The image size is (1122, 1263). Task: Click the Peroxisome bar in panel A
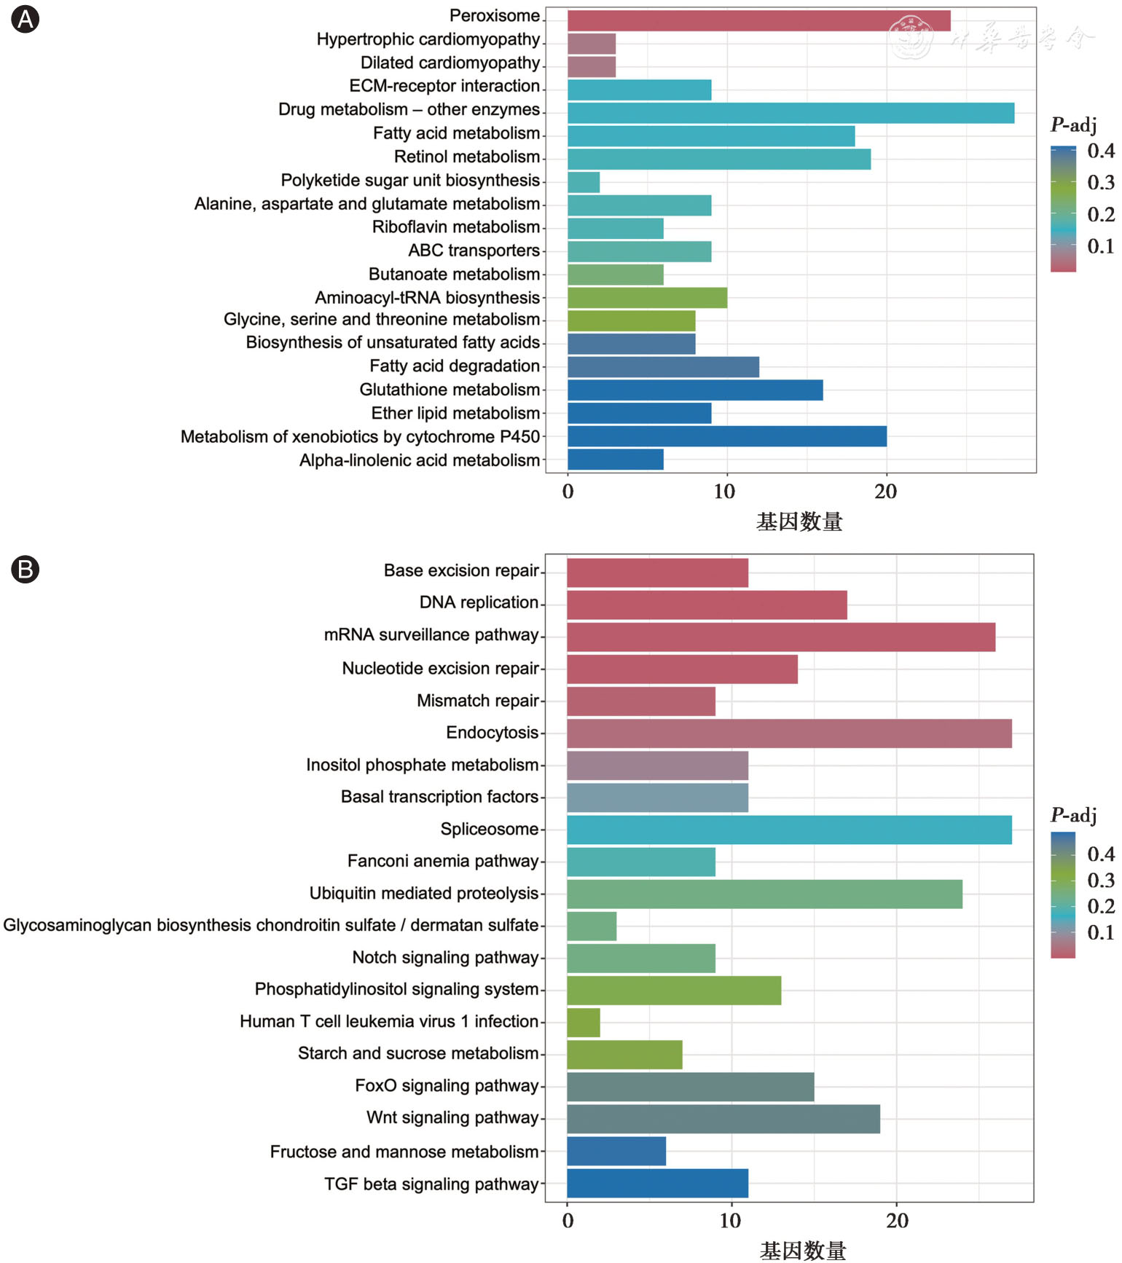pos(758,20)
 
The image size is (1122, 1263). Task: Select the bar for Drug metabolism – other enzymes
pos(790,113)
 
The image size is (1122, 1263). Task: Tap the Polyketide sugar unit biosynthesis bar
pos(584,182)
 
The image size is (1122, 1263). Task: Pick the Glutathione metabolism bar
pos(695,390)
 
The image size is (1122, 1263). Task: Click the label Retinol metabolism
pos(467,157)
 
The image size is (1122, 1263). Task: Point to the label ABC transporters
pos(474,251)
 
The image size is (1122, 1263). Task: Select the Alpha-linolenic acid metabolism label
pos(420,460)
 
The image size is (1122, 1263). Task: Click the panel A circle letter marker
pos(25,20)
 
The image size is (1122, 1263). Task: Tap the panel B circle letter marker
pos(25,570)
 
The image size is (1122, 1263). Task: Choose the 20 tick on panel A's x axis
pos(886,492)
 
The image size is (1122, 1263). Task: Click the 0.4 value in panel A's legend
pos(1101,151)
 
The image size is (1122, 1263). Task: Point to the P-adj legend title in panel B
pos(1073,815)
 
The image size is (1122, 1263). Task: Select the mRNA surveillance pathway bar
pos(781,637)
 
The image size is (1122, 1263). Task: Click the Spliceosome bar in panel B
pos(789,830)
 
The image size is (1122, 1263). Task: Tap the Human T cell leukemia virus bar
pos(584,1023)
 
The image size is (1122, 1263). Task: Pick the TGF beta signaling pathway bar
pos(657,1184)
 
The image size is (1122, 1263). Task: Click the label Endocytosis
pos(493,733)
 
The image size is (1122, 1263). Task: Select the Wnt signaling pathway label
pos(452,1117)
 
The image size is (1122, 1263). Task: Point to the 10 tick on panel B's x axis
pos(730,1221)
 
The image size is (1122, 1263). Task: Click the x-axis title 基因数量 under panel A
pos(799,522)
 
